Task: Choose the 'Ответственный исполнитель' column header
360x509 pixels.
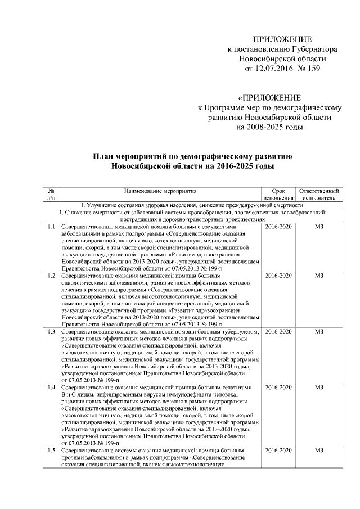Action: click(319, 195)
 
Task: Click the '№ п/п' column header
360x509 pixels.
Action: click(51, 195)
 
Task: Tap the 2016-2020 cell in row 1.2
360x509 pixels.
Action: click(278, 276)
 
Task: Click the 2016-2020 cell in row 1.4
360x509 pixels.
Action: click(278, 388)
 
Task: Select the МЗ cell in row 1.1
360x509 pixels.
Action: click(319, 227)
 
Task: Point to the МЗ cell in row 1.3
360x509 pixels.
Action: click(319, 331)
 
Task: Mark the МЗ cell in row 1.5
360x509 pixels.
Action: click(319, 451)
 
